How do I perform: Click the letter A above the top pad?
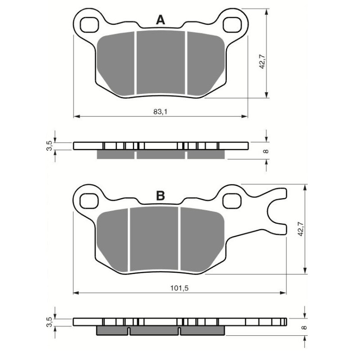[161, 20]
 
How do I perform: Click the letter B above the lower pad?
[161, 196]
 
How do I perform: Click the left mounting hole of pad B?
[90, 199]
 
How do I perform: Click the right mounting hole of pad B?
[231, 199]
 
